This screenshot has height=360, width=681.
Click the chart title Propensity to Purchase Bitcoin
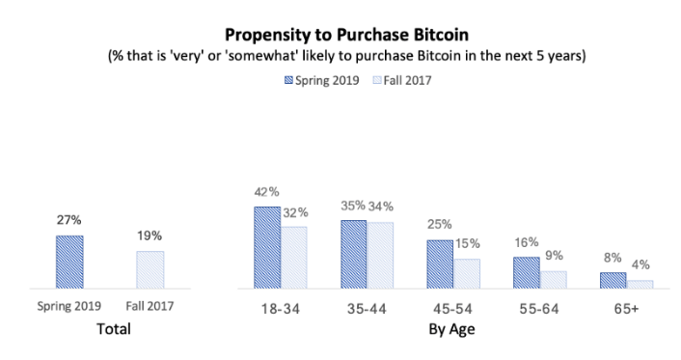point(340,34)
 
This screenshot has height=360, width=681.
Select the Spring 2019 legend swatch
point(286,80)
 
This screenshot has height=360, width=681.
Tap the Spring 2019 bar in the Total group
point(68,262)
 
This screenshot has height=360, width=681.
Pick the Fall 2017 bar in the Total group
point(150,269)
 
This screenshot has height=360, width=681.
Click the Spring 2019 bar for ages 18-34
point(267,247)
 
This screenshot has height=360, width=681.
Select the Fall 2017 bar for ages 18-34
point(293,257)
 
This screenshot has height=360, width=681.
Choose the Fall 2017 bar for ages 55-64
point(553,279)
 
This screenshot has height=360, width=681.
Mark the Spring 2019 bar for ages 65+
point(613,280)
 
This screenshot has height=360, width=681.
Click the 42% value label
point(267,192)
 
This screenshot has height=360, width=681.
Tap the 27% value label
point(68,221)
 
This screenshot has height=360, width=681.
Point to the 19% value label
point(150,235)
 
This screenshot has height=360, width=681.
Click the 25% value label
point(439,225)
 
